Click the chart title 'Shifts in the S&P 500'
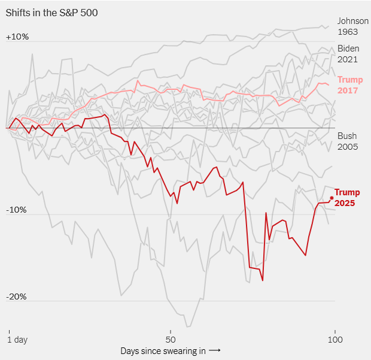tap(51, 13)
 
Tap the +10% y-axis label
tap(17, 37)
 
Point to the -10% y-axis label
tap(16, 210)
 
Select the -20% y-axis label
tap(16, 297)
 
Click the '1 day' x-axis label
tap(17, 340)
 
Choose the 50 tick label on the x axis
tap(171, 340)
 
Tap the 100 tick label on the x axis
tap(335, 340)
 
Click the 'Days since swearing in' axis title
tap(163, 351)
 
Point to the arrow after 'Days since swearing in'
tap(215, 350)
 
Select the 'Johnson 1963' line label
tap(353, 26)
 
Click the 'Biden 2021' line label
tap(348, 54)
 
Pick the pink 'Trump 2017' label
tap(350, 85)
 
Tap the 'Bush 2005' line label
tap(348, 141)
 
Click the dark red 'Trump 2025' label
tap(347, 198)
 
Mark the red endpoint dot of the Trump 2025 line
tap(332, 198)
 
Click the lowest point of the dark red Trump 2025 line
tap(263, 281)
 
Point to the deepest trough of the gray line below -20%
tap(188, 327)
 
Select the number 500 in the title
tap(89, 13)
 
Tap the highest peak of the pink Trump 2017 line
tap(138, 81)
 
